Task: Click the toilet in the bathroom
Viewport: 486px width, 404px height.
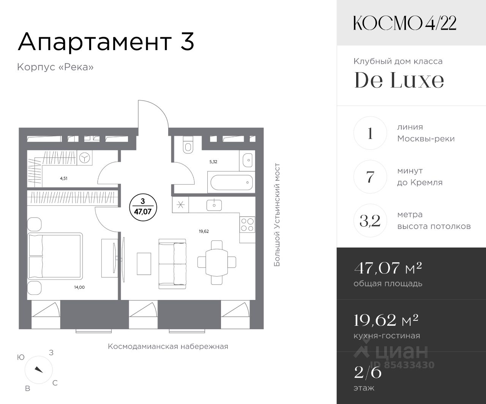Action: click(188, 145)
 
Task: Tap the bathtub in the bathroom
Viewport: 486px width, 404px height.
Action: click(231, 182)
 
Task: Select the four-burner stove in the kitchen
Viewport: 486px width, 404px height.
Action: click(247, 224)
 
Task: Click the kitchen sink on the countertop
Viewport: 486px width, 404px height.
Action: click(214, 205)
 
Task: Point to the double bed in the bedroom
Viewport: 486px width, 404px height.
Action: click(55, 256)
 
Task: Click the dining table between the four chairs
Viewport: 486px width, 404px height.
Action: click(216, 262)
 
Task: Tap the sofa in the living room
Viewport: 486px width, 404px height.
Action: click(172, 264)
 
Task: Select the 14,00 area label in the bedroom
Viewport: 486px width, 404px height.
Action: click(79, 287)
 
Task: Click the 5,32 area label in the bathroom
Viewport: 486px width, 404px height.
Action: click(213, 162)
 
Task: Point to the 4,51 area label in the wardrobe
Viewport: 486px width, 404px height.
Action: click(63, 178)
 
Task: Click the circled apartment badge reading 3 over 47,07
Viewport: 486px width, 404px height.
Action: click(143, 207)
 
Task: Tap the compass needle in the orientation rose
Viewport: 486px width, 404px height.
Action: click(39, 369)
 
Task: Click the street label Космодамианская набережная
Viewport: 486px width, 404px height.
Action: click(168, 347)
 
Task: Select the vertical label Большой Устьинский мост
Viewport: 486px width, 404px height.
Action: click(277, 215)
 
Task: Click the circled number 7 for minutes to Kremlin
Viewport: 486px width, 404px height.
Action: click(370, 177)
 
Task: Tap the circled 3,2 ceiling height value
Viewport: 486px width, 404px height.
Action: click(370, 221)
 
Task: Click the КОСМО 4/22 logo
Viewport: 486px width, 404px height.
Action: click(404, 23)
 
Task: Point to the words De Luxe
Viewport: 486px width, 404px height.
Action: click(399, 80)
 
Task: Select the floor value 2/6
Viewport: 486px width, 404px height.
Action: click(368, 372)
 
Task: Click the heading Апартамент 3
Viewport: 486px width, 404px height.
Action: click(106, 42)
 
